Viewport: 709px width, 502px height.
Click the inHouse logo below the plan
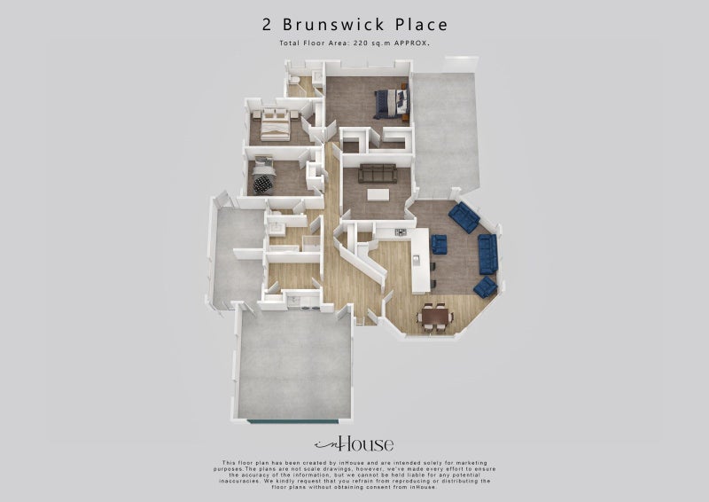tap(354, 444)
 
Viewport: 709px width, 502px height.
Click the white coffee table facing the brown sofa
tap(379, 195)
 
